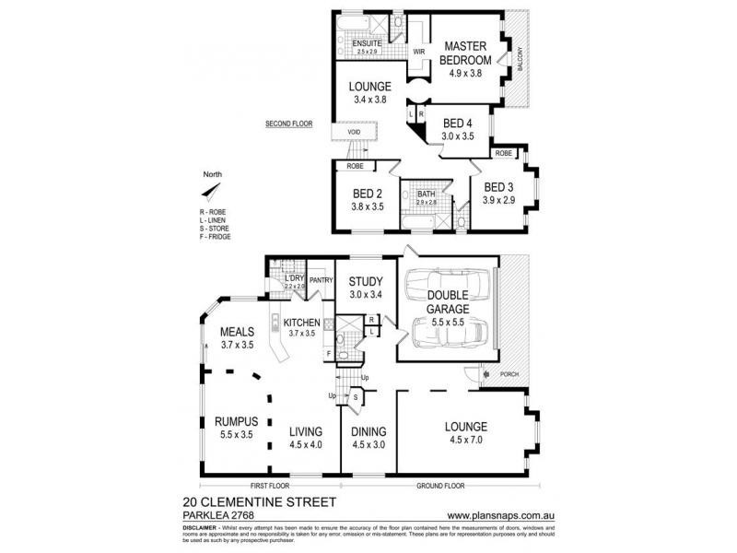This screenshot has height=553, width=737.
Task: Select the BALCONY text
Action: [x=521, y=60]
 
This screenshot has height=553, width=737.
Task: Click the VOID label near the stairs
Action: [x=354, y=132]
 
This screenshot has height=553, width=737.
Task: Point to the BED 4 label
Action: [x=458, y=123]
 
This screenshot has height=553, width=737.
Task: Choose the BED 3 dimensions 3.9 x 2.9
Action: [x=497, y=200]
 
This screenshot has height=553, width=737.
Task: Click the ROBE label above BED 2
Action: [x=354, y=167]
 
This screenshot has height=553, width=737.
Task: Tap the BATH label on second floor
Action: [x=426, y=194]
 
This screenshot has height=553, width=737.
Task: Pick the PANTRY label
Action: [x=321, y=280]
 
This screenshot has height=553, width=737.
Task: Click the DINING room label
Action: [x=368, y=431]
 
